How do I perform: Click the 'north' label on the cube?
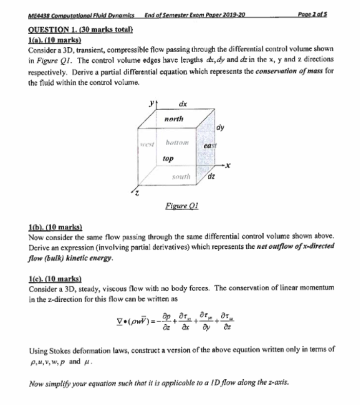click(x=174, y=119)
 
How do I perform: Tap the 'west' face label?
click(x=147, y=145)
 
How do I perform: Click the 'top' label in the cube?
click(x=168, y=159)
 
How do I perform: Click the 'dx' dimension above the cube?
click(x=183, y=104)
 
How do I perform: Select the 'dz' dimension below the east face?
click(x=211, y=176)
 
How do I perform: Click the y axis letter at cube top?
click(x=152, y=103)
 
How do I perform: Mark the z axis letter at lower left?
click(x=137, y=194)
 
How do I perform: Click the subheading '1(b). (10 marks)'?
click(x=54, y=227)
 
